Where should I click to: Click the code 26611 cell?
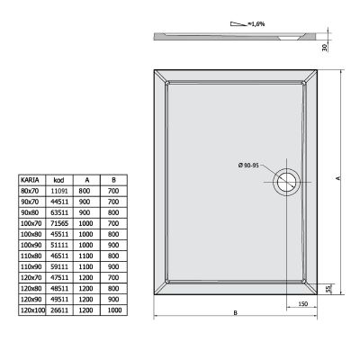coord(57,310)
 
